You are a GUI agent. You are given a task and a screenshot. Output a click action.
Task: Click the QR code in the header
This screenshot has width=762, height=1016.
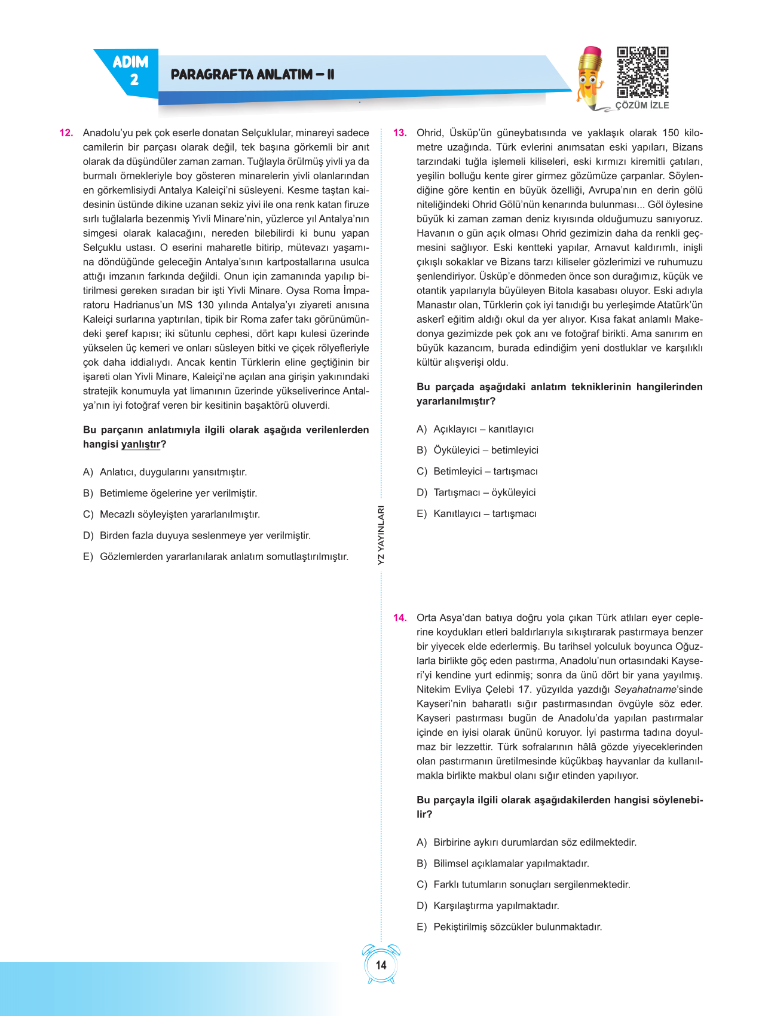[x=642, y=72]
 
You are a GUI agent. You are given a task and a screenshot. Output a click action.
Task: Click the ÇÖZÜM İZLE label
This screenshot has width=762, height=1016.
[x=642, y=105]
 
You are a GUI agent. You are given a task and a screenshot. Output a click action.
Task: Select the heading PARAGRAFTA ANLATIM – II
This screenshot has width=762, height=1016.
[x=252, y=75]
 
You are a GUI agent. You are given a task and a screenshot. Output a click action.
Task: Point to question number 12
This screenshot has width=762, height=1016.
[x=66, y=133]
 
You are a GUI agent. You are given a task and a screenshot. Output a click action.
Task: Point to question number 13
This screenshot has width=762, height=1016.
[x=400, y=133]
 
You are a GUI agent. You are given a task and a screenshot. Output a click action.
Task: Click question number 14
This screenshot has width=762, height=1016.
[x=400, y=617]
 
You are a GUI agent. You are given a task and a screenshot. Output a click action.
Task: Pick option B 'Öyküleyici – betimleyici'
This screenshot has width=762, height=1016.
[x=478, y=450]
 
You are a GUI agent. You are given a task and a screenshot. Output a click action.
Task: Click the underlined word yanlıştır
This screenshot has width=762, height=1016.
[x=140, y=444]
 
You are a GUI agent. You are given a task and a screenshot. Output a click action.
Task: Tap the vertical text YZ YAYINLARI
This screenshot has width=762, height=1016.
[x=381, y=535]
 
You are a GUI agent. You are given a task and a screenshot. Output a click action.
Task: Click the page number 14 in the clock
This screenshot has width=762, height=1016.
[x=381, y=965]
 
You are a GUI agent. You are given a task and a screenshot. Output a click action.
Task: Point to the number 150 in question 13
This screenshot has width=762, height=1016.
[x=671, y=133]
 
